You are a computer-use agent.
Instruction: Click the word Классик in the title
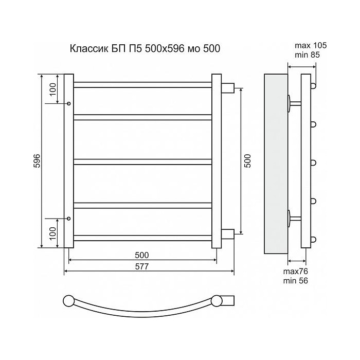(88, 49)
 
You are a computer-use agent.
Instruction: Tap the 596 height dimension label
(37, 160)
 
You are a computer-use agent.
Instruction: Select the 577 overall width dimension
(142, 266)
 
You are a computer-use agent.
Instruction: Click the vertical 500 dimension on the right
(247, 160)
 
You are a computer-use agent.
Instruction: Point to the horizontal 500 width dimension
(142, 255)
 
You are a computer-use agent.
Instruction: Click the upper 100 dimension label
(52, 89)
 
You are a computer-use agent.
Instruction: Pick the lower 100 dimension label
(52, 233)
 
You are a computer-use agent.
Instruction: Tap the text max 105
(311, 45)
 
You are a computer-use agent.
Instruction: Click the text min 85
(307, 55)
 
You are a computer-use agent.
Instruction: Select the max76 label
(296, 272)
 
